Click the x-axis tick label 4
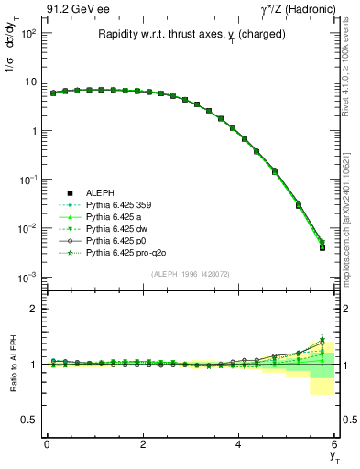tap(239, 444)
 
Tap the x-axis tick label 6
tap(335, 444)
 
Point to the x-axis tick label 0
tap(47, 444)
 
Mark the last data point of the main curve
tap(322, 246)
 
